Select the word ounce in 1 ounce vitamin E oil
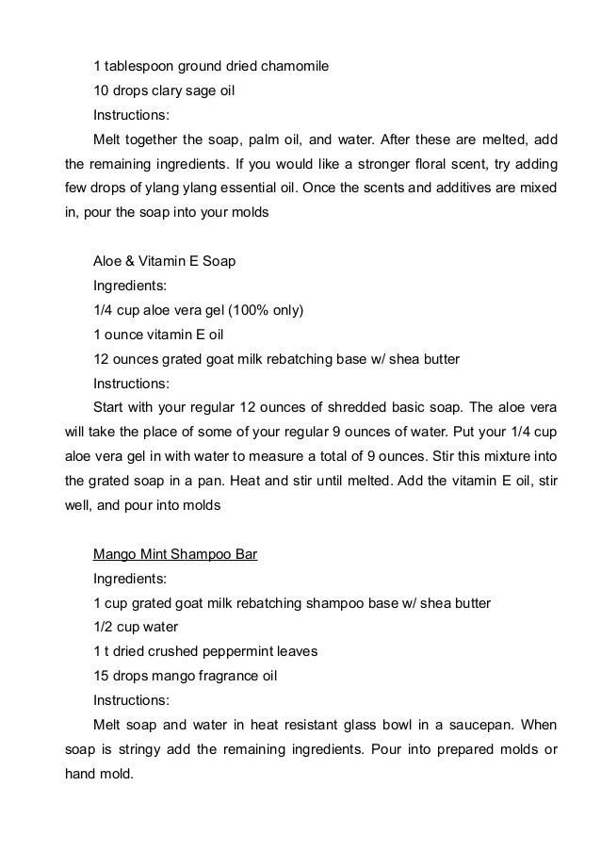(x=124, y=335)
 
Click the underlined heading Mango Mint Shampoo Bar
(x=175, y=553)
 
